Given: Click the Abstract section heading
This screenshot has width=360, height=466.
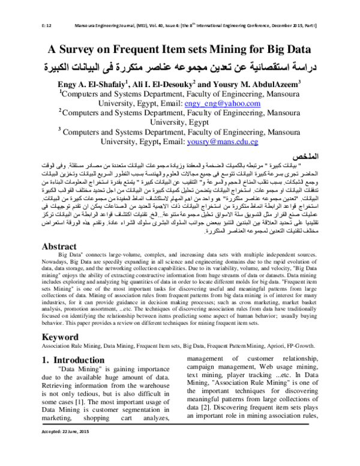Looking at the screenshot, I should [67, 262].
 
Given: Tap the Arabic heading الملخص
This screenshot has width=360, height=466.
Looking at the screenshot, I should [307, 156].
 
